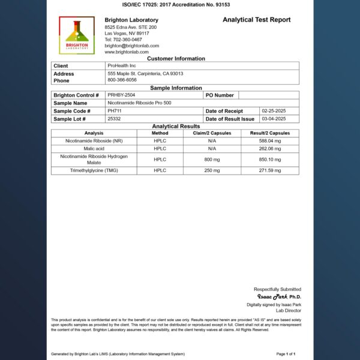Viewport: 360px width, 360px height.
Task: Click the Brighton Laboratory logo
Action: click(77, 35)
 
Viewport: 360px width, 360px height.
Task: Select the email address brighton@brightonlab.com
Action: click(131, 46)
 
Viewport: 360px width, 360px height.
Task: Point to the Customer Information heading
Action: click(176, 59)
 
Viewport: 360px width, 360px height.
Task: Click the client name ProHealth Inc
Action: click(122, 66)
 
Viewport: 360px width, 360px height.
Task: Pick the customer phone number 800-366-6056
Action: click(122, 80)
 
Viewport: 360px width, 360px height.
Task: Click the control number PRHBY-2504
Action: click(121, 95)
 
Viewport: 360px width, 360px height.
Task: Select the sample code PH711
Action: click(114, 111)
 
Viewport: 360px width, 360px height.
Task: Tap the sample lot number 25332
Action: click(114, 119)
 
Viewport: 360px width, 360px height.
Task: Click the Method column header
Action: click(160, 133)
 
